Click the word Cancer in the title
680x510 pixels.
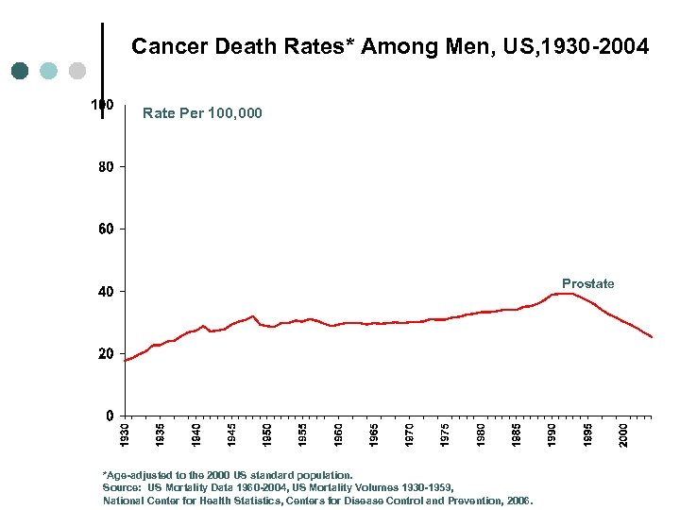162,45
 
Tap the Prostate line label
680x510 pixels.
587,283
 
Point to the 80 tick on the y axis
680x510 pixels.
105,167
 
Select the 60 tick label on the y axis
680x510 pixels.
105,229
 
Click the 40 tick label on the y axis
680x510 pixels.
105,292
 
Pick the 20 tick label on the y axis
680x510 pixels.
105,354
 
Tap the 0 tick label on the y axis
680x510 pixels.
110,416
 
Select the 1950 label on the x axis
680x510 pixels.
267,435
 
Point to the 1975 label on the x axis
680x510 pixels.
446,435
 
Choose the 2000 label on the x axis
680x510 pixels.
623,435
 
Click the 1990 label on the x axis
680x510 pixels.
552,435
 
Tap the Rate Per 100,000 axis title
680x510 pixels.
202,113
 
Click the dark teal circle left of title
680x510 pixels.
20,71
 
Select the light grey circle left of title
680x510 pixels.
77,71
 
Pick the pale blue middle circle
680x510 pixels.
49,71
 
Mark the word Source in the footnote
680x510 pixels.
121,487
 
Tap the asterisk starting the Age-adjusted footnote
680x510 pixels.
105,475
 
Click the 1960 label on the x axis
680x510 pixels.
339,435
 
